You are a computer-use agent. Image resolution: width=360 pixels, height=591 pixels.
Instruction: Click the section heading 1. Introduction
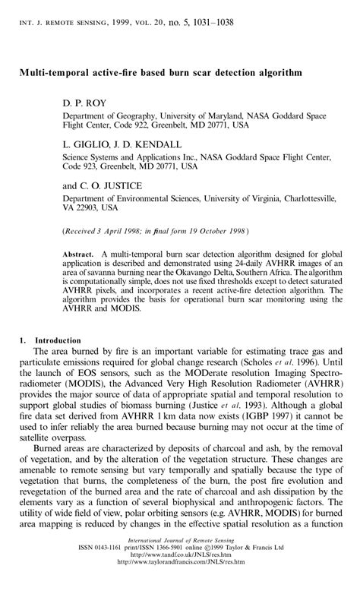45,342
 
